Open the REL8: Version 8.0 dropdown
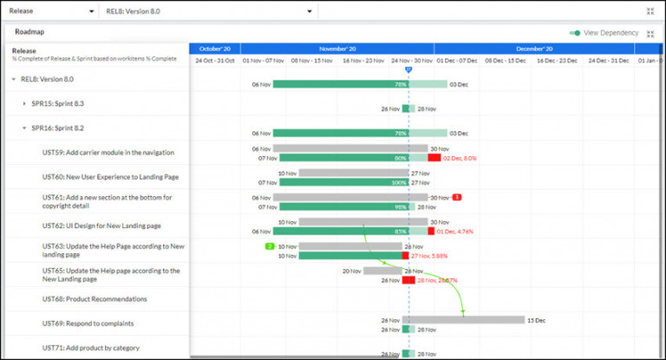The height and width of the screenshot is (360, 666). pos(208,11)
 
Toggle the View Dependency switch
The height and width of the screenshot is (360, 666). pos(575,33)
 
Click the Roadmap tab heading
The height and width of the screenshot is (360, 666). pos(29,32)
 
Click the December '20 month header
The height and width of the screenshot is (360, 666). pos(534,49)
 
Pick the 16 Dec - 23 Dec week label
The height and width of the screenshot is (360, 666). pos(558,61)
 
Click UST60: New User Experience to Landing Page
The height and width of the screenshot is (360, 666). pos(110,177)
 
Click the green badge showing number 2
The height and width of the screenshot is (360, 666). pos(270,247)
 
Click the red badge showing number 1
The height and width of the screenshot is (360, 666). pos(457,198)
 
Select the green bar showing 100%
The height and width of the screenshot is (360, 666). pos(343,182)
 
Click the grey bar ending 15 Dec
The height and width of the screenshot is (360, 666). pos(463,319)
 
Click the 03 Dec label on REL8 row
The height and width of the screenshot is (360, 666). pos(460,84)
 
